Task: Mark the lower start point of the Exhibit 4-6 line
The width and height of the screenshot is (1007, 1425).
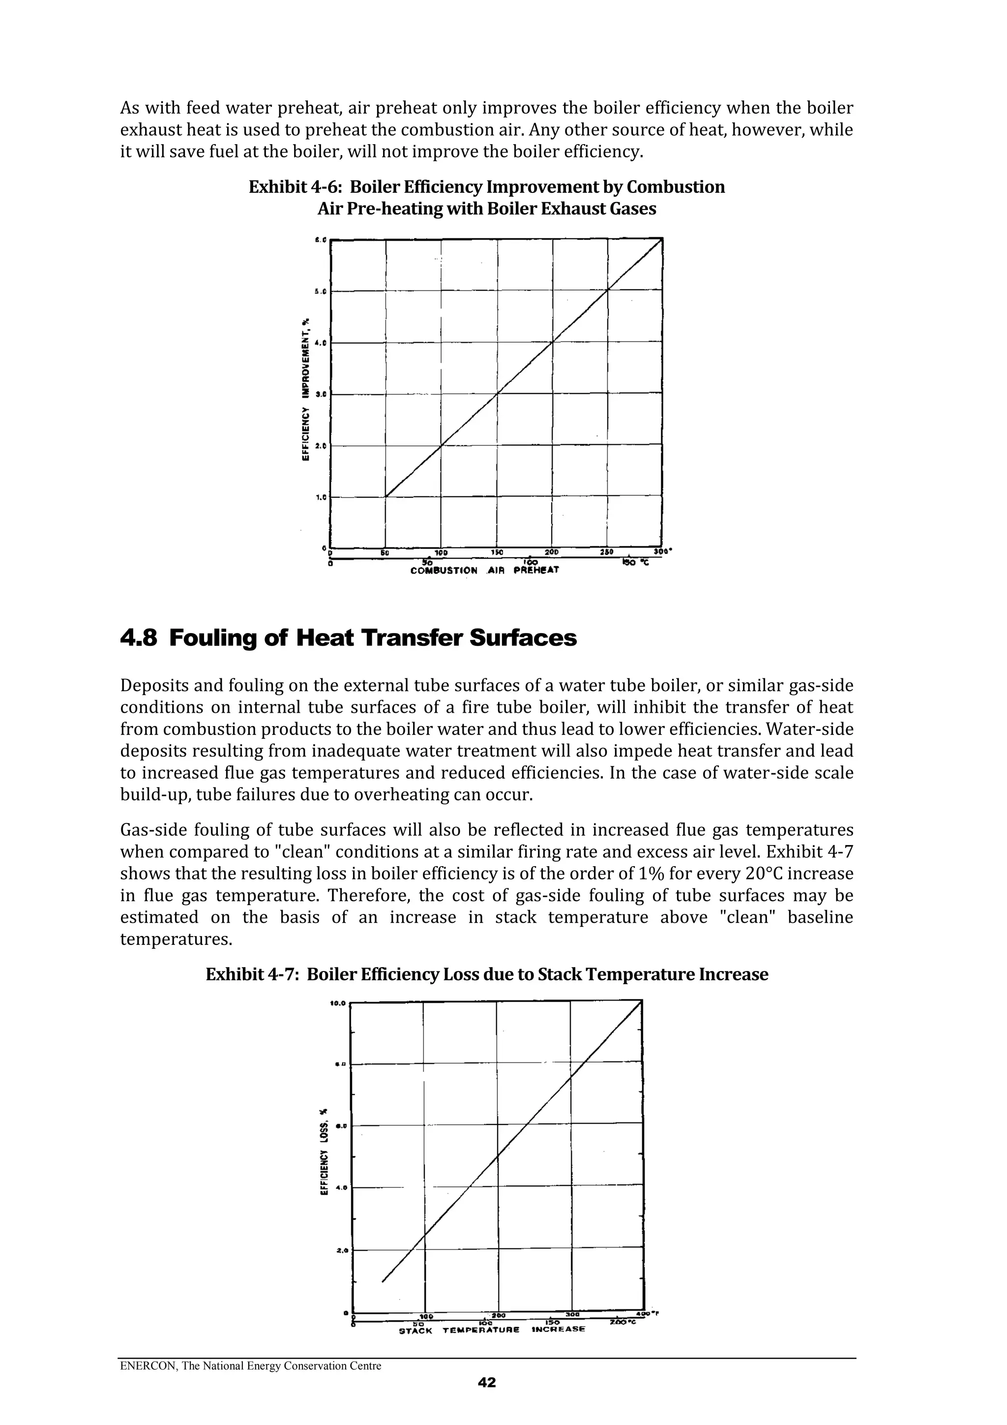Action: click(x=386, y=496)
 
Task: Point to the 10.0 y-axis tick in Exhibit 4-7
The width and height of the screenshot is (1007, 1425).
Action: click(x=338, y=1002)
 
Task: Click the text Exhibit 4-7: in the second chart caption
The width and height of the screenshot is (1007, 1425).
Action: click(x=253, y=974)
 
